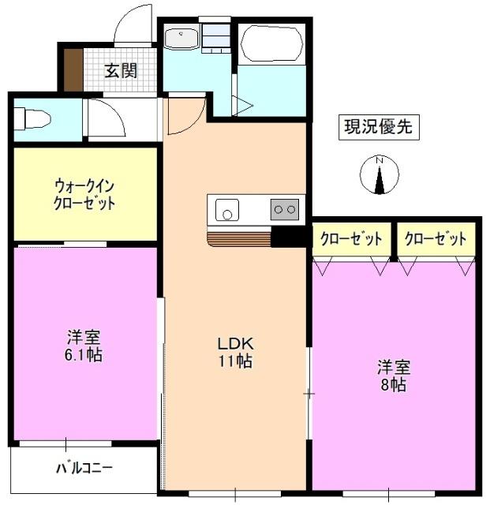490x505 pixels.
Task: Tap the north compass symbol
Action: point(379,176)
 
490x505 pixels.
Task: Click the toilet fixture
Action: point(32,119)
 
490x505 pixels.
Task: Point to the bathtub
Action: point(271,45)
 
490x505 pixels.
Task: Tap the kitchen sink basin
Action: point(227,211)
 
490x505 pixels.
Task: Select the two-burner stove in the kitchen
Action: point(284,209)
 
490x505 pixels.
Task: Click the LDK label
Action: point(234,344)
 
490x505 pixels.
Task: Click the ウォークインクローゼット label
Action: point(85,193)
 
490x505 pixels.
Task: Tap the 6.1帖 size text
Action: point(84,354)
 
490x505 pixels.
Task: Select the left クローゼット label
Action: point(351,238)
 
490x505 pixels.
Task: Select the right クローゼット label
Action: point(436,238)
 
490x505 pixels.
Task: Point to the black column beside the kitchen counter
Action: point(288,237)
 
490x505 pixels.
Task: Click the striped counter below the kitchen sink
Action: point(238,237)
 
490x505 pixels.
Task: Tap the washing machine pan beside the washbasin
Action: point(214,37)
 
